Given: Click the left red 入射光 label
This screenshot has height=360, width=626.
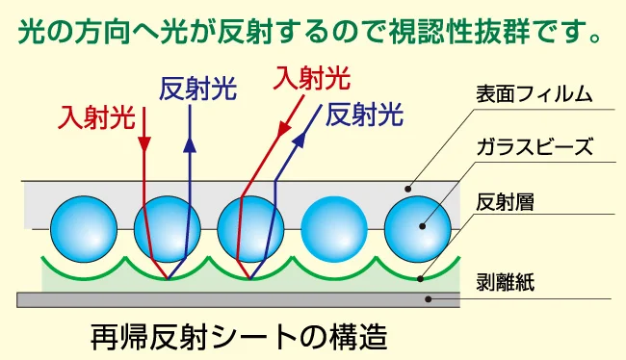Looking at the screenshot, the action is pyautogui.click(x=95, y=117).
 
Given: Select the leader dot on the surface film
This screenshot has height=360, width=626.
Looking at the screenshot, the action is pyautogui.click(x=408, y=188).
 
